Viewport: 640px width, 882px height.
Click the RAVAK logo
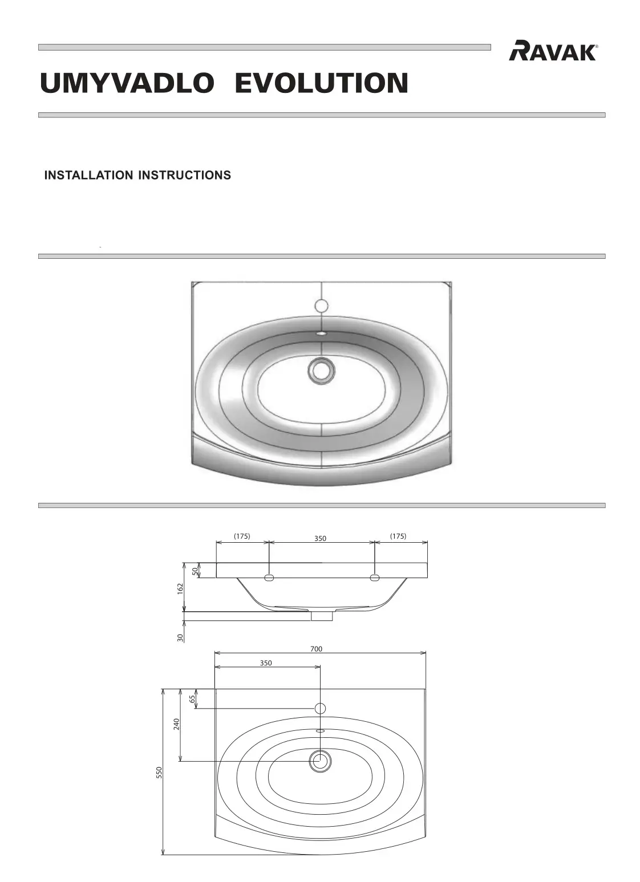(553, 51)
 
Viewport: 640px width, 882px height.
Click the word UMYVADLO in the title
(126, 83)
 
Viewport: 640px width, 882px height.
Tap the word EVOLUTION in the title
(321, 83)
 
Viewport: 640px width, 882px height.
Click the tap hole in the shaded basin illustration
(321, 306)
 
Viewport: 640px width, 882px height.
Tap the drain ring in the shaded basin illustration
(321, 369)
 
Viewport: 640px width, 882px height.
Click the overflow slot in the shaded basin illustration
(321, 334)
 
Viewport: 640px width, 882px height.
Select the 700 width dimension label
(316, 649)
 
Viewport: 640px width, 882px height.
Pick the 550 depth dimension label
(160, 773)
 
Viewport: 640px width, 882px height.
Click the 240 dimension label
(177, 724)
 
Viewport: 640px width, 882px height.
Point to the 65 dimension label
(192, 697)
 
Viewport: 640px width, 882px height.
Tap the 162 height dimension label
(180, 587)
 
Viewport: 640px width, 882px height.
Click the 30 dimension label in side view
(180, 637)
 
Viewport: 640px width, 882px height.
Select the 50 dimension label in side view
(195, 570)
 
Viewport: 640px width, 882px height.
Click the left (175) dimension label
(242, 536)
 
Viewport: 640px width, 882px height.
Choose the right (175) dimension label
(398, 536)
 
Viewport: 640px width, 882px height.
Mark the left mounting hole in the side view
(269, 578)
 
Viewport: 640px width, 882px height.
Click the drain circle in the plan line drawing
(320, 760)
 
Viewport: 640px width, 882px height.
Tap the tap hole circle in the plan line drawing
(320, 708)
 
